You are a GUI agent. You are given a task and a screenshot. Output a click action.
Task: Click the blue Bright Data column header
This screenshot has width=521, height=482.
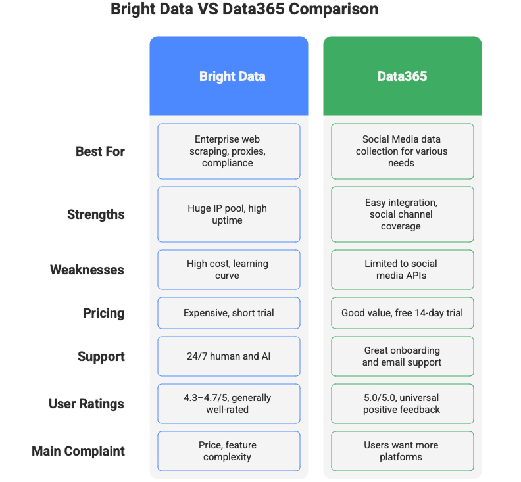click(229, 76)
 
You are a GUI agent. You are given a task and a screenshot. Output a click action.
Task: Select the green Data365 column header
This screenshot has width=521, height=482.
click(402, 76)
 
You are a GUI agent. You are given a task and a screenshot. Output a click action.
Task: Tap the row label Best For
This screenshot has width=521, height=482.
click(100, 151)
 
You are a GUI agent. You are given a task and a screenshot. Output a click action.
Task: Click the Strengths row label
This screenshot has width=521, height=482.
click(96, 214)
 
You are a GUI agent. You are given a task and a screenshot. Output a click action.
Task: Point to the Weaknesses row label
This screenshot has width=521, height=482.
click(87, 270)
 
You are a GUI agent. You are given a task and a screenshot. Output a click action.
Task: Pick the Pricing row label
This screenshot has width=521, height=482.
click(103, 313)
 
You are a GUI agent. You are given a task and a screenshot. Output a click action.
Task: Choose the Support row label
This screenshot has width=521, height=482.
click(101, 356)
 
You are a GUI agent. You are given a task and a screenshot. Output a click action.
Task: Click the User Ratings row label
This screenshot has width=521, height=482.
click(86, 404)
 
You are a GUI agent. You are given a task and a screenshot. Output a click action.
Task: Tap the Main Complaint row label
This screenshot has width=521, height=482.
click(78, 451)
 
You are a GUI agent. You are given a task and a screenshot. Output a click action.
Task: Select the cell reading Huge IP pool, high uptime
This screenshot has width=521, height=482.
click(228, 214)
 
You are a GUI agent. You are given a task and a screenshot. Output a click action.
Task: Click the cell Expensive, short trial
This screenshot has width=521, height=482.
click(228, 313)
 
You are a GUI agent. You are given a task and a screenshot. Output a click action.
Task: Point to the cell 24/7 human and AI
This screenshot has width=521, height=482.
click(228, 356)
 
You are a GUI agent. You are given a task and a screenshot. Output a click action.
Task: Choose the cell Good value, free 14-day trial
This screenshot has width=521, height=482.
click(402, 313)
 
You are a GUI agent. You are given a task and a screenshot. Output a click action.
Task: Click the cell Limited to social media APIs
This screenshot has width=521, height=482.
click(402, 270)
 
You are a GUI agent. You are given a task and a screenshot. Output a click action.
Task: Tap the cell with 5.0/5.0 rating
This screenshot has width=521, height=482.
click(402, 404)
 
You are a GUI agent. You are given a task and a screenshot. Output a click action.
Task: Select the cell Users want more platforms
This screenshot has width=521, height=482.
click(402, 451)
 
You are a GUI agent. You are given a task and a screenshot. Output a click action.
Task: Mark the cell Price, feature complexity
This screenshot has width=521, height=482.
click(228, 451)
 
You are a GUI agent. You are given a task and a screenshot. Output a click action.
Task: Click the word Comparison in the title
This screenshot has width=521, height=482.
click(336, 10)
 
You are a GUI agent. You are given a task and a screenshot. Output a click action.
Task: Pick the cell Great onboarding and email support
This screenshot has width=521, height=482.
click(402, 356)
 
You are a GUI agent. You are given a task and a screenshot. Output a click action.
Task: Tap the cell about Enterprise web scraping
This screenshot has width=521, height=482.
click(228, 151)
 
